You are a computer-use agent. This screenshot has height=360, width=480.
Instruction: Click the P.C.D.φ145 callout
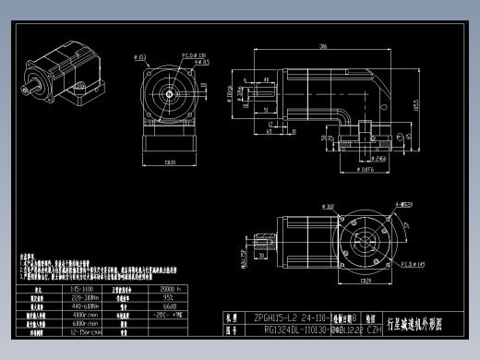click(412, 263)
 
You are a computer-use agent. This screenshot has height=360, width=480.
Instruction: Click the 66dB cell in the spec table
click(169, 306)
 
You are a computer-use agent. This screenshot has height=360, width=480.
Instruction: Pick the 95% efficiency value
click(169, 297)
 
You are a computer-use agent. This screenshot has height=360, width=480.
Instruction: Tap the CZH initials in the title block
click(375, 328)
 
